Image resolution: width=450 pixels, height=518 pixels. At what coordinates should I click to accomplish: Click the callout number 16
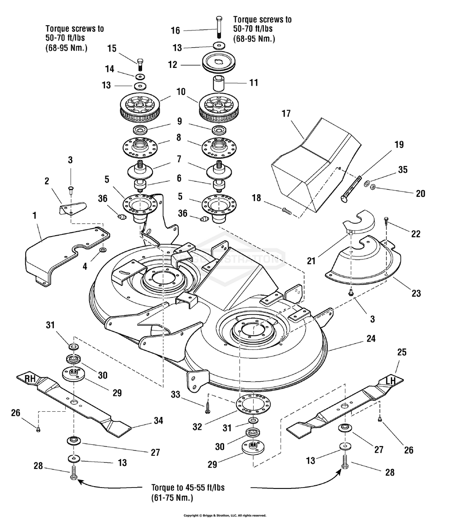(175, 30)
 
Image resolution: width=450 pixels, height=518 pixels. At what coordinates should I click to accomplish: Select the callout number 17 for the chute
(286, 114)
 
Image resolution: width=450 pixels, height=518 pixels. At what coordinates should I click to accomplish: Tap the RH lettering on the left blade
(30, 378)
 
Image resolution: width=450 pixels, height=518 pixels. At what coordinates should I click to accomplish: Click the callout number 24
(371, 339)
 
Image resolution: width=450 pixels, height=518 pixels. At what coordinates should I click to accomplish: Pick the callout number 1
(35, 216)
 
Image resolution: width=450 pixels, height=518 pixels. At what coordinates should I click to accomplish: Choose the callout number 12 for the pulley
(172, 64)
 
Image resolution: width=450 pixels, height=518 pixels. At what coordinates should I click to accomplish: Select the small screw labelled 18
(286, 211)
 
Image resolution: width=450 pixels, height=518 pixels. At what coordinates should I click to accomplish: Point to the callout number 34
(158, 421)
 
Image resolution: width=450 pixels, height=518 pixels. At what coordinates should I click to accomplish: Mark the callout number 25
(401, 353)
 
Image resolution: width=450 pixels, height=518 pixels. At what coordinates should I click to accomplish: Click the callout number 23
(416, 293)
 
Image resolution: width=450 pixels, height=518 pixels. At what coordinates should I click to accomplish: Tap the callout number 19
(399, 145)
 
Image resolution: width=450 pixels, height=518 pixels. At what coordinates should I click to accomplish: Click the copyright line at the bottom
(225, 515)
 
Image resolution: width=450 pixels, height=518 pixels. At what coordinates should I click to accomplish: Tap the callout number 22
(416, 234)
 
